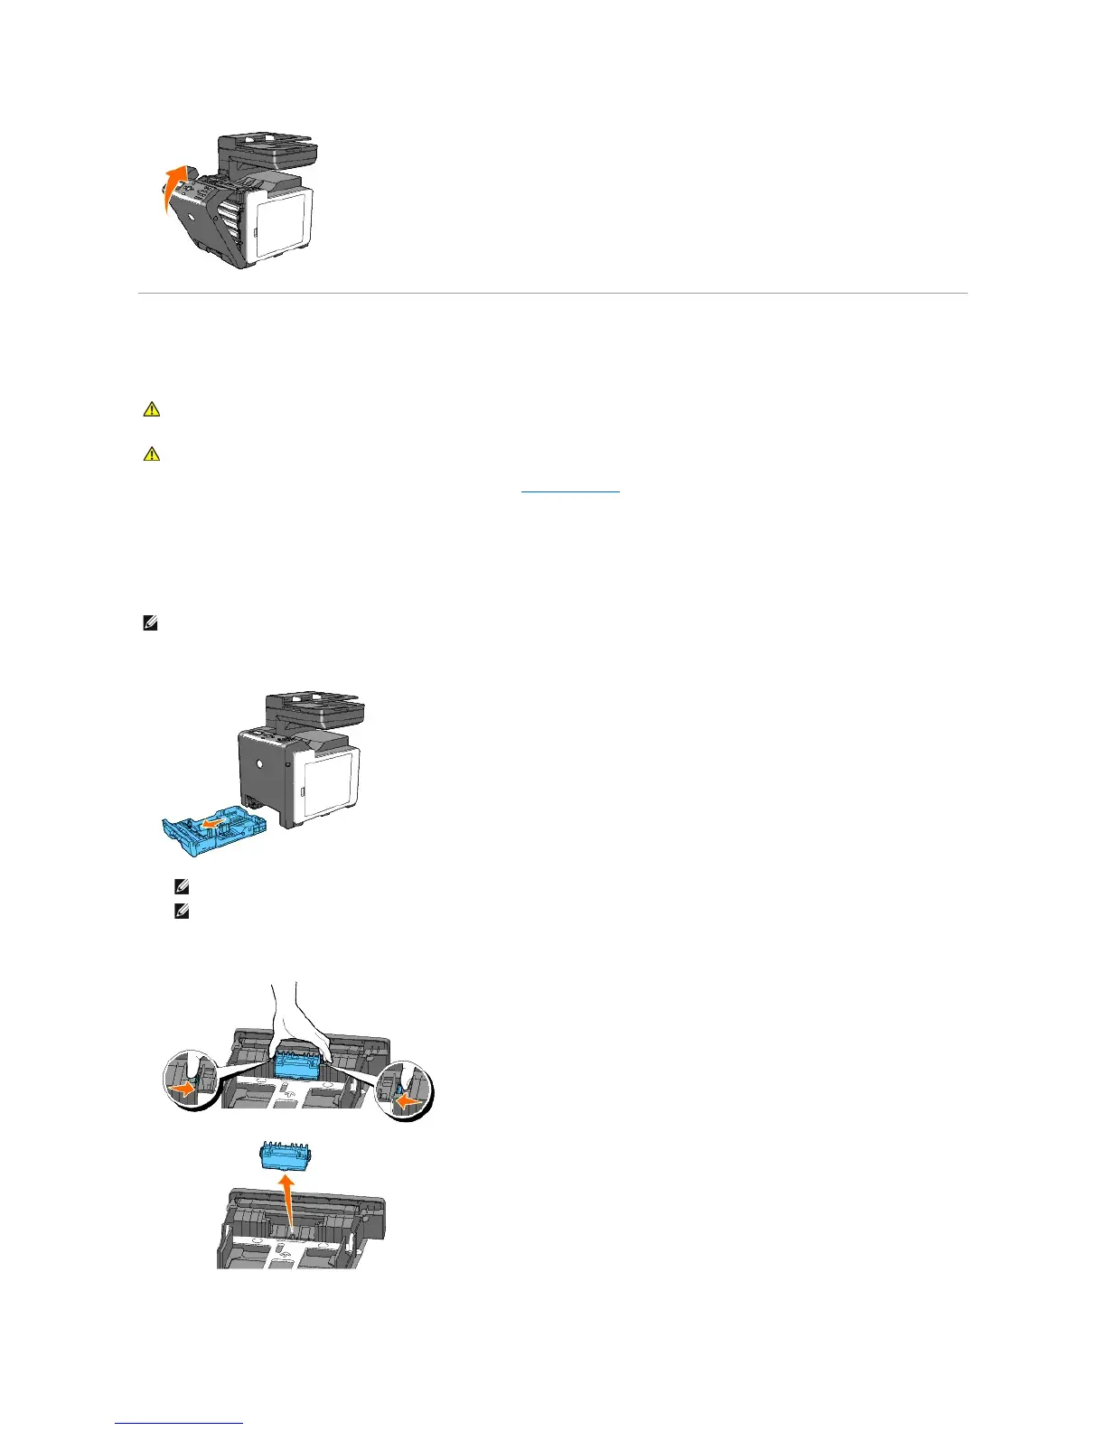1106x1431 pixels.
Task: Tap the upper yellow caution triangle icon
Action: (x=151, y=409)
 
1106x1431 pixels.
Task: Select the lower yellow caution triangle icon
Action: (x=151, y=454)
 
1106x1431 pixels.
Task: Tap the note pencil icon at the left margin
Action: (x=150, y=623)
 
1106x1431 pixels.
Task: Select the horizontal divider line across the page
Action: (x=551, y=293)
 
